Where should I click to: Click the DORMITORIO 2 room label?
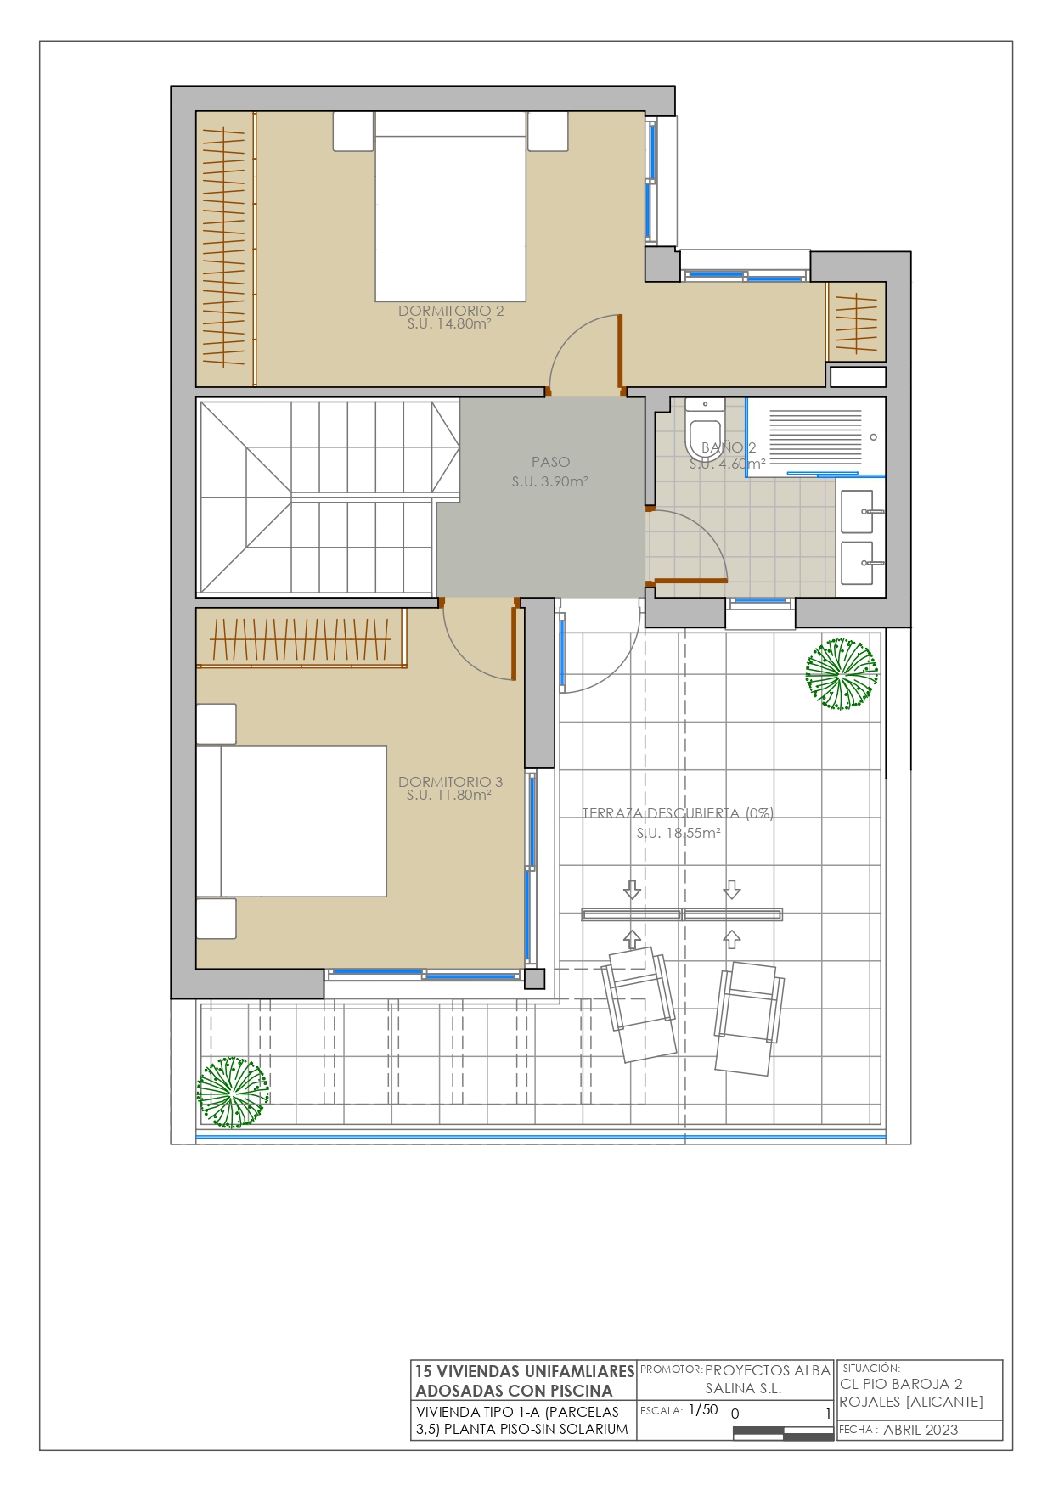coord(451,311)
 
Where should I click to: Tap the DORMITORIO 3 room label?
coord(450,782)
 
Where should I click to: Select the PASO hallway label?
coord(550,462)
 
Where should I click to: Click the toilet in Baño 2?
coord(704,430)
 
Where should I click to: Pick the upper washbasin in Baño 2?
coord(858,511)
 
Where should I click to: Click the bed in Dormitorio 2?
coord(451,207)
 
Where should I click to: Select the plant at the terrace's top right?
coord(841,674)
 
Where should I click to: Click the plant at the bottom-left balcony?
coord(233,1092)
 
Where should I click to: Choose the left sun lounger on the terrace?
coord(639,1004)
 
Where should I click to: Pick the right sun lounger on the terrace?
coord(748,1018)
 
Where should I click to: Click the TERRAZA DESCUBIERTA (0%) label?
coord(678,813)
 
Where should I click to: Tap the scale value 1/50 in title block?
coord(703,1409)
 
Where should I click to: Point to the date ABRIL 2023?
coord(921,1430)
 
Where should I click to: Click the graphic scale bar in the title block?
coord(783,1434)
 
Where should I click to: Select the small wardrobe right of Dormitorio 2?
coord(857,322)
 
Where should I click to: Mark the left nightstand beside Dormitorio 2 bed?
coord(353,132)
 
